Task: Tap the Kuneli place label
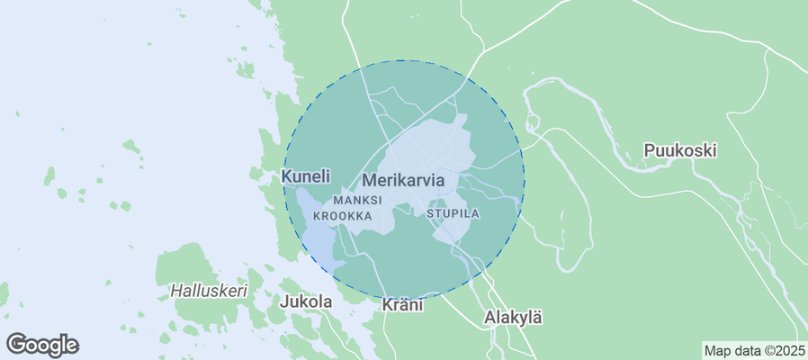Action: (x=306, y=175)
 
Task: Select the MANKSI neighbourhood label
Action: (x=358, y=200)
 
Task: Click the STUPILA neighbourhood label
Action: (x=453, y=214)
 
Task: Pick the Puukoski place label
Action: (x=680, y=150)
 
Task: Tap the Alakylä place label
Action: (x=514, y=317)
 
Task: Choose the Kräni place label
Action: (x=402, y=305)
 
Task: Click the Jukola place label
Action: (x=306, y=301)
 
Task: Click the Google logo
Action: (x=42, y=344)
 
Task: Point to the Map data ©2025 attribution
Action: (x=754, y=350)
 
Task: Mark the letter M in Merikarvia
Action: (x=368, y=180)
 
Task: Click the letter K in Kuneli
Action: (x=288, y=175)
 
